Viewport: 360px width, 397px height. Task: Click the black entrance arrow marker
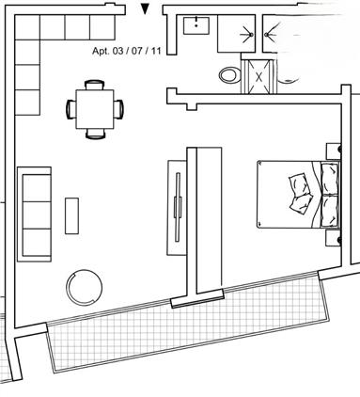145,8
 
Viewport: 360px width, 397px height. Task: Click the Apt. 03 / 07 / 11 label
127,51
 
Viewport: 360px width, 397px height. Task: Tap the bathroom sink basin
196,25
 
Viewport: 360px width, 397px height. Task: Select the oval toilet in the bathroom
229,75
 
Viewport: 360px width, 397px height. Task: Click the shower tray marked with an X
258,76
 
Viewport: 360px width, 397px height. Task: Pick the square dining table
95,109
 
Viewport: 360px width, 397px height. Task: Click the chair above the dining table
95,85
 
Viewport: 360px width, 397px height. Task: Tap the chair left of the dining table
71,109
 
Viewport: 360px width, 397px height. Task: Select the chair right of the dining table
118,109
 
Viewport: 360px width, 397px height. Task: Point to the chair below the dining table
95,134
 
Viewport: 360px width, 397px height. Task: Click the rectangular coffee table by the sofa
71,215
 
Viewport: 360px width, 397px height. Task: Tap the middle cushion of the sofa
37,215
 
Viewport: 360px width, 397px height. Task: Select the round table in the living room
85,287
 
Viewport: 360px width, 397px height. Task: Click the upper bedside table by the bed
334,151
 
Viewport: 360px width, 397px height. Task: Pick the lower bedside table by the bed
333,238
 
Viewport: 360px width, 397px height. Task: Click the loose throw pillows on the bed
301,193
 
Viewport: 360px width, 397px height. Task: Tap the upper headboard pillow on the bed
330,178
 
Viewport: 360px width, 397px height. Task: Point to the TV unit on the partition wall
177,207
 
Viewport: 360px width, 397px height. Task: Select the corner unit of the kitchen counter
27,27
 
